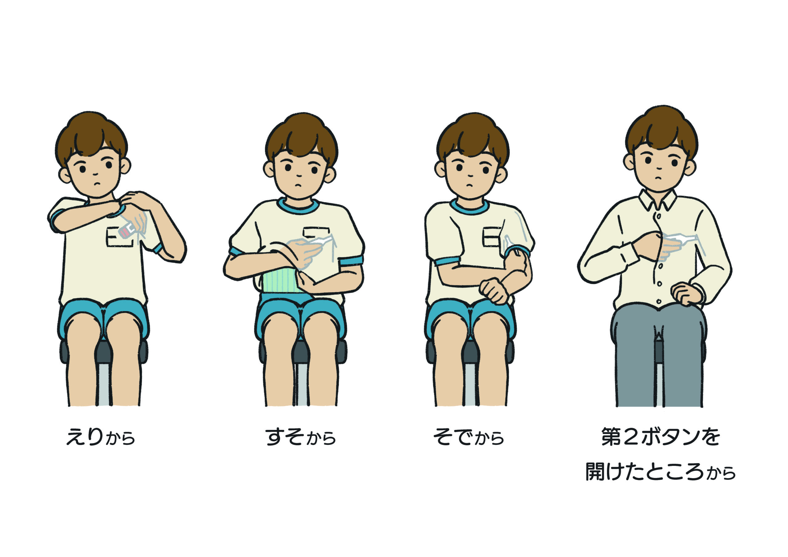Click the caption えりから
click(100, 437)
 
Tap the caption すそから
click(301, 437)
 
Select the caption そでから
click(468, 437)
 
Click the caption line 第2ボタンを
click(661, 437)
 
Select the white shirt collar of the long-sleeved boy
click(657, 200)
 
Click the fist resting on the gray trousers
click(685, 294)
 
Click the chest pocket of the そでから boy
click(492, 237)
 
